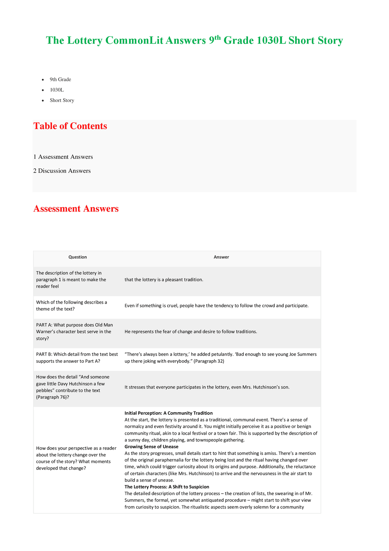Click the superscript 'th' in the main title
click(x=218, y=37)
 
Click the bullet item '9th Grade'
click(x=60, y=79)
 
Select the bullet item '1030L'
click(x=57, y=90)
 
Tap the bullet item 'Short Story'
click(x=62, y=100)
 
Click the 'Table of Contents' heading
click(x=70, y=126)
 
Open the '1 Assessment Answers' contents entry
click(x=63, y=157)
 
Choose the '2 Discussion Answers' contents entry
click(x=62, y=171)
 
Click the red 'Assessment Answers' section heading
click(x=76, y=209)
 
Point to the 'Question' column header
click(x=77, y=257)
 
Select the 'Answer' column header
click(x=221, y=257)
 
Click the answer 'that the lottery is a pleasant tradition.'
click(x=164, y=280)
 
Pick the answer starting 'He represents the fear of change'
click(x=191, y=332)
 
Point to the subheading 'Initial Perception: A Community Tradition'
click(x=169, y=413)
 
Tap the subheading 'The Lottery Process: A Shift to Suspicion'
click(x=167, y=487)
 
